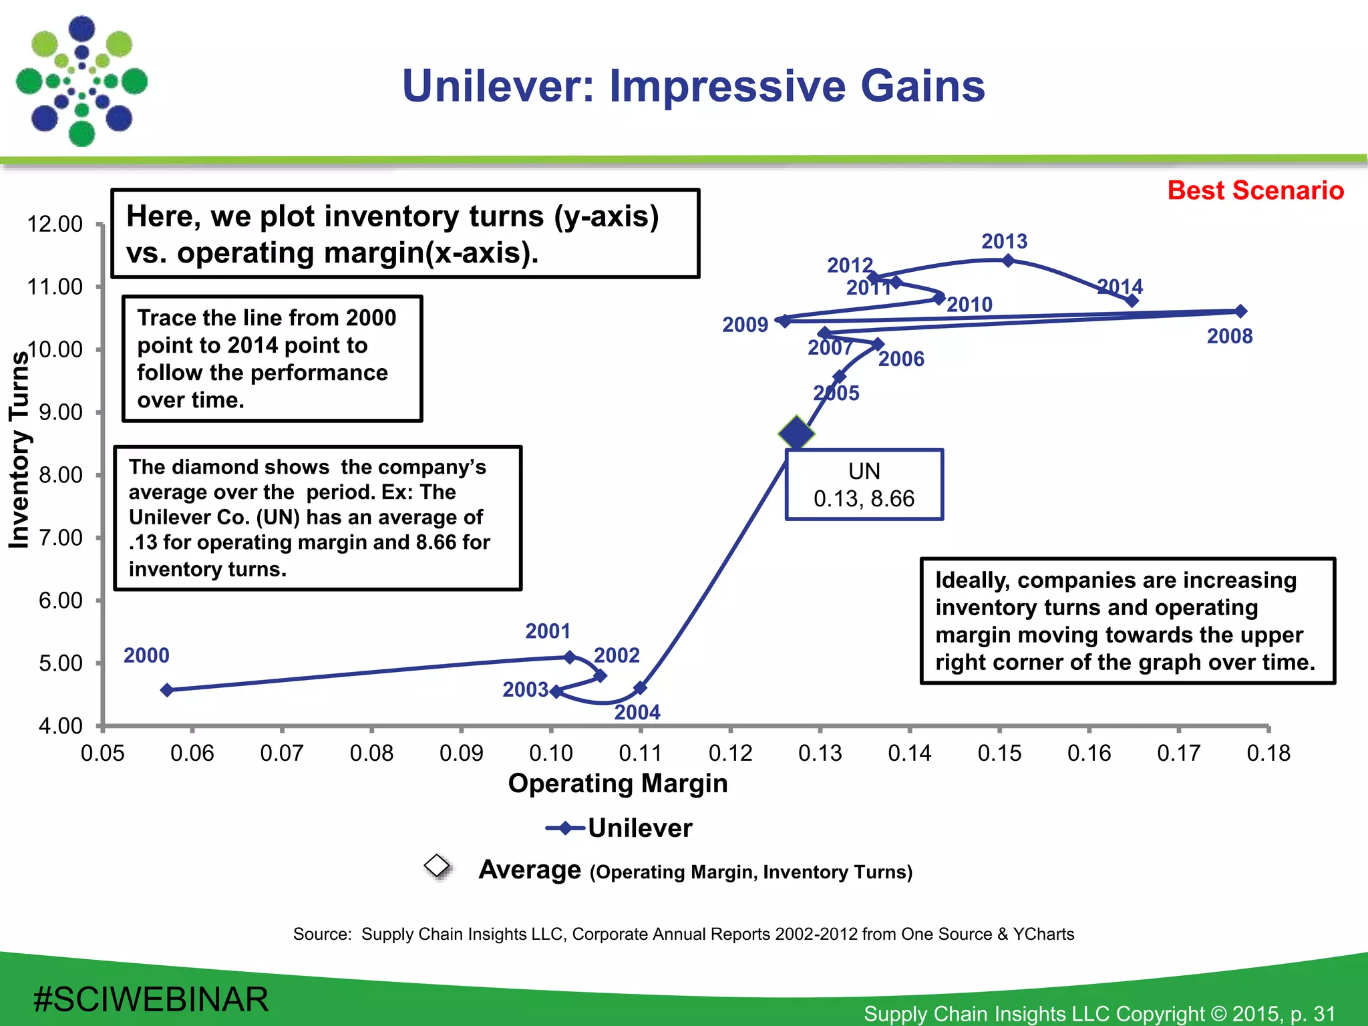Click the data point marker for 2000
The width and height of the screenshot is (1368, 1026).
(x=167, y=690)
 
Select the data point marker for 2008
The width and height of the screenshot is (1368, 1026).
(x=1240, y=311)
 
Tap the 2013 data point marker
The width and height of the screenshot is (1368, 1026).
(x=1009, y=261)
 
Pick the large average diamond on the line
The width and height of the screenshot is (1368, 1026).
(x=796, y=434)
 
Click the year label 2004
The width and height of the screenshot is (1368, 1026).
(x=637, y=712)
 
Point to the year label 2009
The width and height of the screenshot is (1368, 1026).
(x=745, y=325)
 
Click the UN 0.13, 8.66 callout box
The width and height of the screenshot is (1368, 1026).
(x=864, y=485)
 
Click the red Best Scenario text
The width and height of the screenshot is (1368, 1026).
(x=1255, y=190)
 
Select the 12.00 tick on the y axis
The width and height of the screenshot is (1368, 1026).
(x=55, y=224)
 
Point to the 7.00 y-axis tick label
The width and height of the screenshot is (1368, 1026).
(x=60, y=538)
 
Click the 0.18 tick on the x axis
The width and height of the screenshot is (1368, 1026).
(x=1268, y=753)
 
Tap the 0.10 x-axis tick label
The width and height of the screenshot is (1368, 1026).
(x=550, y=753)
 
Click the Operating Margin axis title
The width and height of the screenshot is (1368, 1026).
(x=617, y=784)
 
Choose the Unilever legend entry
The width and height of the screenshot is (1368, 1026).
(x=619, y=828)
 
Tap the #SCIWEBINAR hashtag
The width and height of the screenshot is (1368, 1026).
(x=151, y=1000)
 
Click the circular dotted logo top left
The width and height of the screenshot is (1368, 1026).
(x=81, y=81)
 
